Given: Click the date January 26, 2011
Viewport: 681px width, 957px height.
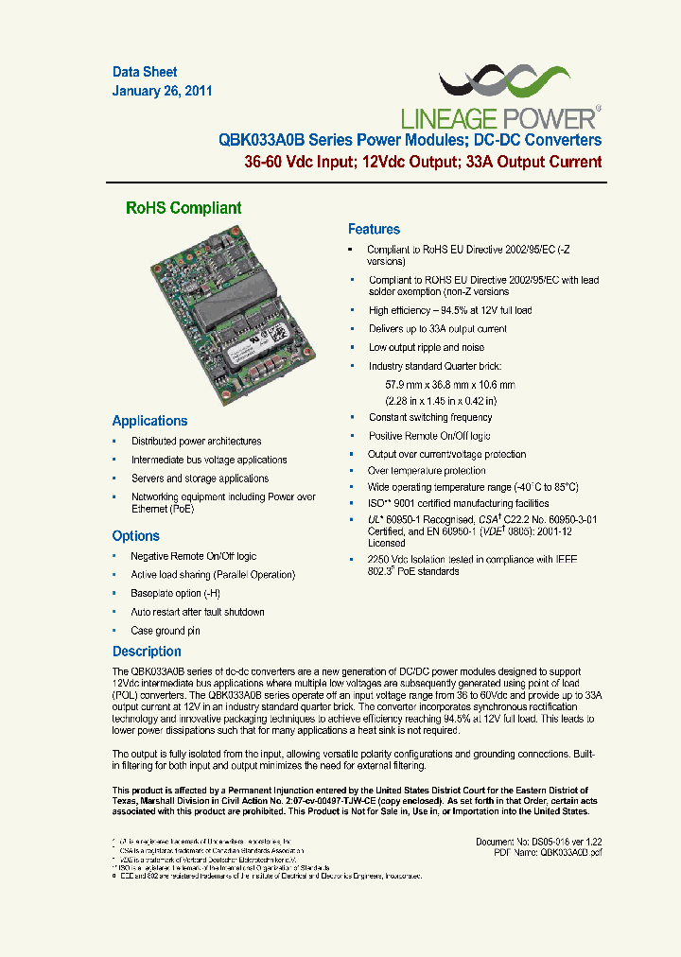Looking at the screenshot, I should click(x=162, y=92).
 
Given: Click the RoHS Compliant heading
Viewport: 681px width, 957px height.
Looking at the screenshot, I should click(x=183, y=208).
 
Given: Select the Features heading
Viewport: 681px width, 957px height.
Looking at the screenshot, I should click(x=374, y=229).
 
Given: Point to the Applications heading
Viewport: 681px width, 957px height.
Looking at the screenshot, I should click(x=149, y=421).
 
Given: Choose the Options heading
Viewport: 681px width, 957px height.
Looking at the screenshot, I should click(x=136, y=535).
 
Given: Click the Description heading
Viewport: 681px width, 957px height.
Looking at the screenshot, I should click(x=147, y=652).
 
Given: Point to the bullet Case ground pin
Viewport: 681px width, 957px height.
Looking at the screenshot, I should click(x=166, y=631).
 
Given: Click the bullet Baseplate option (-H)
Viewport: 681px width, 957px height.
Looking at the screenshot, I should click(x=175, y=593).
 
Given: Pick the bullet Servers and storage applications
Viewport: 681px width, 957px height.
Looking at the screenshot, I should click(x=200, y=478).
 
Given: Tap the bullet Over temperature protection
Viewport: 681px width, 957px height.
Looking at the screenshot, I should click(x=427, y=470).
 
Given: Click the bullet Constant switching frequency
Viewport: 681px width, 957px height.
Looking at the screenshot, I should click(x=430, y=417).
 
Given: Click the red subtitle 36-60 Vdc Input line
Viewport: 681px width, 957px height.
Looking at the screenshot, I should click(x=423, y=162).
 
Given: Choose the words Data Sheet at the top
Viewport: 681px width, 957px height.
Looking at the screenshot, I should click(x=145, y=72).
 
